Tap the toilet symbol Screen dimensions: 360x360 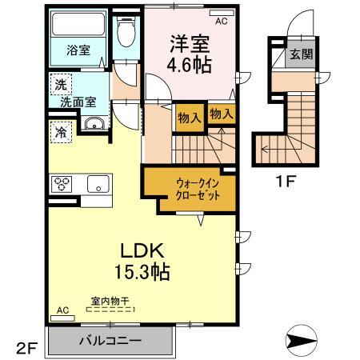point(125,33)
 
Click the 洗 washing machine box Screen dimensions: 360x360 point(60,83)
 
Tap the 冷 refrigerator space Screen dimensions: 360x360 point(60,130)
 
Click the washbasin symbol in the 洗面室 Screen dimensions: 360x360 point(94,125)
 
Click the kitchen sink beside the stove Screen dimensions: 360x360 point(99,184)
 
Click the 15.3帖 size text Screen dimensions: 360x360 point(141,273)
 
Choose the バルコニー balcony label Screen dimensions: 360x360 point(110,341)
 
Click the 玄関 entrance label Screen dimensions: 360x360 point(294,54)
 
